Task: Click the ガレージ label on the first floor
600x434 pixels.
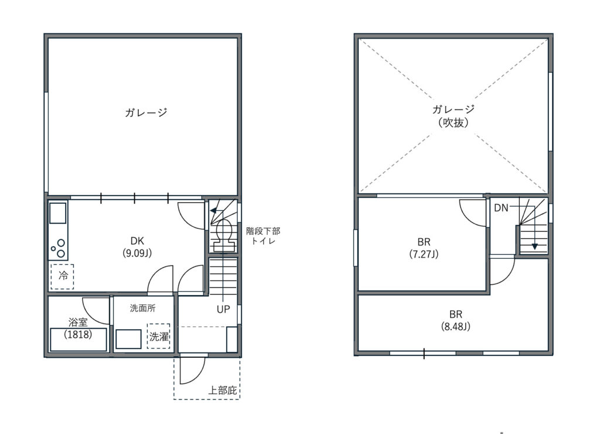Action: pos(146,112)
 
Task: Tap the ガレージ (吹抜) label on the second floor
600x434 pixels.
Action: pos(454,116)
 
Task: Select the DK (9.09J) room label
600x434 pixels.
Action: pos(137,247)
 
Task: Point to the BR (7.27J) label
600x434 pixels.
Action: pos(424,248)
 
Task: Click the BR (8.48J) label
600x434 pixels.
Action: pos(456,320)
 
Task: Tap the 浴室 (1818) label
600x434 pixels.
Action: pos(78,328)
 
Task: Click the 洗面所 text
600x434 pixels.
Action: pos(143,308)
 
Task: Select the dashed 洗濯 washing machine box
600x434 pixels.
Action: pos(158,336)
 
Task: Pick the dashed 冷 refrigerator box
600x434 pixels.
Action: pos(62,276)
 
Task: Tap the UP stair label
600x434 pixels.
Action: pos(223,309)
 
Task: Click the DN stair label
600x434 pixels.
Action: pos(502,208)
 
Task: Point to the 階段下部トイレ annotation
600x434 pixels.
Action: pos(263,236)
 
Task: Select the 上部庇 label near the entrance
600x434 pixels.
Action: pos(222,391)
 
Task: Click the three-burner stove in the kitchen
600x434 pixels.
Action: pos(58,248)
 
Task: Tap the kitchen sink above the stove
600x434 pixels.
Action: pos(58,213)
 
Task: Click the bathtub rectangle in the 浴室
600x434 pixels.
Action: pos(79,339)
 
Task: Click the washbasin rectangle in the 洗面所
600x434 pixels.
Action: pos(128,339)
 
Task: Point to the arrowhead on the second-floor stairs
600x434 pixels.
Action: pos(535,247)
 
